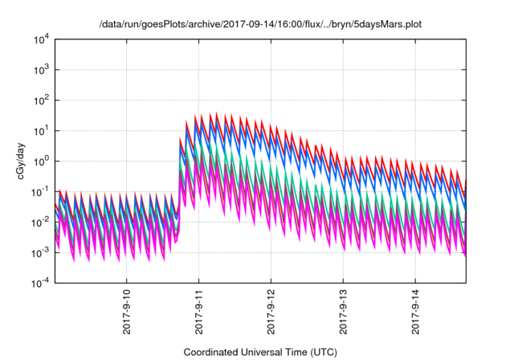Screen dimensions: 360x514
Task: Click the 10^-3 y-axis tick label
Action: pyautogui.click(x=41, y=252)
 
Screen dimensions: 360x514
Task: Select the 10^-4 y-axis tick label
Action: pyautogui.click(x=41, y=283)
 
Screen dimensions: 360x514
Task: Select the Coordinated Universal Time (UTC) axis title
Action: pyautogui.click(x=260, y=351)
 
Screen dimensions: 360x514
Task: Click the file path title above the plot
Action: pyautogui.click(x=260, y=24)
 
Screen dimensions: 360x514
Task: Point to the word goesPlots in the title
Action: pyautogui.click(x=164, y=24)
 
